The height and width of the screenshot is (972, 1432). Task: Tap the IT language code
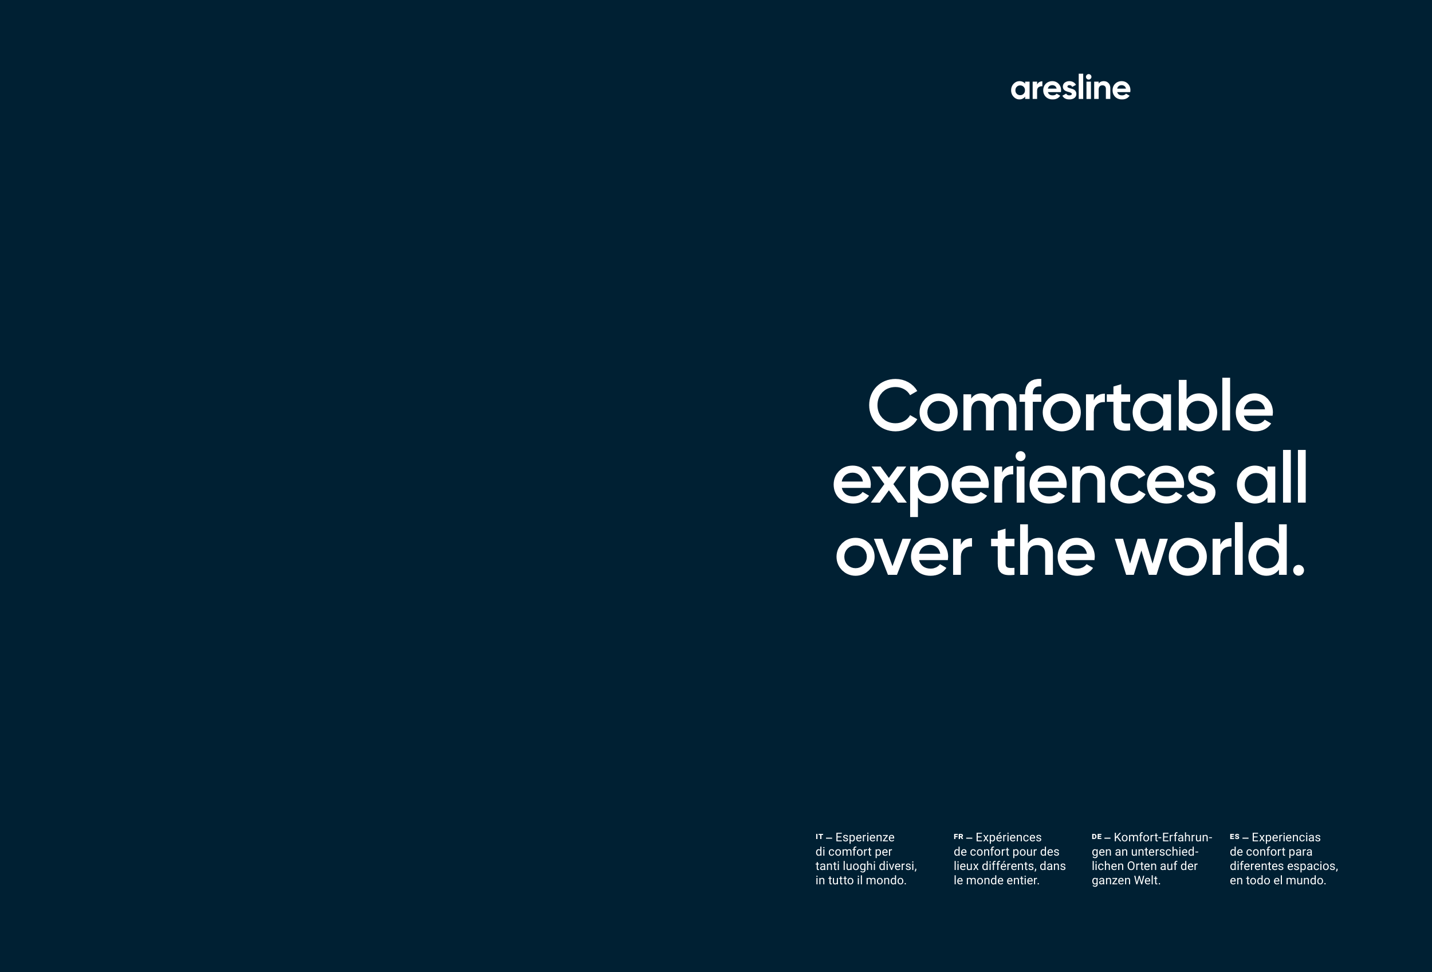pyautogui.click(x=819, y=836)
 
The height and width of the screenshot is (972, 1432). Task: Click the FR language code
pyautogui.click(x=958, y=836)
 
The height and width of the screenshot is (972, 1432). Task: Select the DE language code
pyautogui.click(x=1096, y=836)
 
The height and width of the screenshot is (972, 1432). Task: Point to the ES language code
pyautogui.click(x=1234, y=836)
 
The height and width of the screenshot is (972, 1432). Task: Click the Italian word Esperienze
pyautogui.click(x=864, y=837)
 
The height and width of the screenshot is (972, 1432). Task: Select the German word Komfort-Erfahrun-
pyautogui.click(x=1163, y=837)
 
